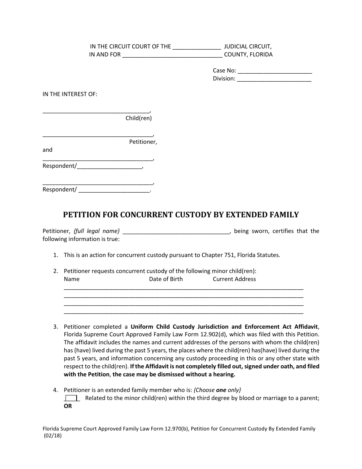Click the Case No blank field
click(x=274, y=71)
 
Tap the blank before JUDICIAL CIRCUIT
click(x=197, y=47)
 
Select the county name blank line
click(x=172, y=55)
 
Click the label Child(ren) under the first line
click(x=139, y=118)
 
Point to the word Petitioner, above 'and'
click(x=143, y=142)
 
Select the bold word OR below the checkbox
click(x=68, y=406)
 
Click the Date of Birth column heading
click(x=166, y=279)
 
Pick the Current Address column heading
click(x=234, y=279)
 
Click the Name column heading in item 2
click(x=72, y=279)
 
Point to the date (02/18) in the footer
click(x=53, y=437)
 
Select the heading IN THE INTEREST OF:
click(x=70, y=94)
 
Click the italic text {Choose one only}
click(x=217, y=390)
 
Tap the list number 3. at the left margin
click(x=56, y=327)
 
